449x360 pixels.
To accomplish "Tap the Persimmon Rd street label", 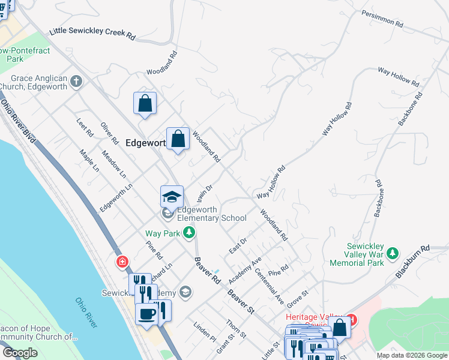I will pos(382,19).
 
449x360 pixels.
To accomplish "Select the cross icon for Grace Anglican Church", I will pos(76,80).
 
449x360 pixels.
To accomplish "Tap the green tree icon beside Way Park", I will pos(189,232).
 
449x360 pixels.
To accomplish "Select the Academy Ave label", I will pos(246,271).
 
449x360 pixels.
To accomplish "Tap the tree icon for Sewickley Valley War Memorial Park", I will pos(393,253).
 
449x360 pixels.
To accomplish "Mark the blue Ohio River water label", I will pos(86,313).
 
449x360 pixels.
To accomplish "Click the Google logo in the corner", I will pos(20,353).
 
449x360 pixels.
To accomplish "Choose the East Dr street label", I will pos(238,245).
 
